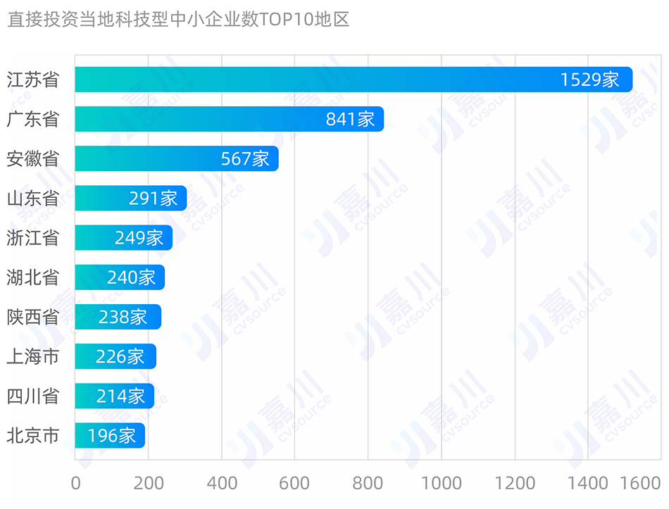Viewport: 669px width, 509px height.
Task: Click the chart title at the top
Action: point(178,19)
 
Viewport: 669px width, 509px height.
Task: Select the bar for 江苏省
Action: point(352,80)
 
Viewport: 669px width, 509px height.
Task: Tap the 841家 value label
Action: point(350,119)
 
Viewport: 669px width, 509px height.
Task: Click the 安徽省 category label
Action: point(32,158)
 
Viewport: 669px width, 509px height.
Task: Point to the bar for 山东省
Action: point(130,199)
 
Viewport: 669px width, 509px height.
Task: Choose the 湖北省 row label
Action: point(32,277)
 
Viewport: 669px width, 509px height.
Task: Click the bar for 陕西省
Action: point(118,317)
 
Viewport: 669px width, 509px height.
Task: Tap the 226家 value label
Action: point(120,357)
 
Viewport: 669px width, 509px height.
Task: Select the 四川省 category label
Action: point(32,396)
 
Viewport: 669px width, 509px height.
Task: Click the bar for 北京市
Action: point(110,436)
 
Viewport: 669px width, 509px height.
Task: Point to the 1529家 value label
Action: point(589,80)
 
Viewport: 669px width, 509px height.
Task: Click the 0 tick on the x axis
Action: point(76,483)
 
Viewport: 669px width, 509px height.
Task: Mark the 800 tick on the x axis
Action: point(368,483)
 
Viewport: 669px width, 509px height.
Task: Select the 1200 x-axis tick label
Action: point(514,483)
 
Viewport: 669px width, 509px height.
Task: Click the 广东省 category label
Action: point(32,119)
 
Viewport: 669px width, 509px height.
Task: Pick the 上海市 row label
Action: point(32,357)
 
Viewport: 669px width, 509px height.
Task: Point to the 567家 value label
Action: point(245,158)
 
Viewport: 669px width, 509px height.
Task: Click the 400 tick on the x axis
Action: point(222,483)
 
